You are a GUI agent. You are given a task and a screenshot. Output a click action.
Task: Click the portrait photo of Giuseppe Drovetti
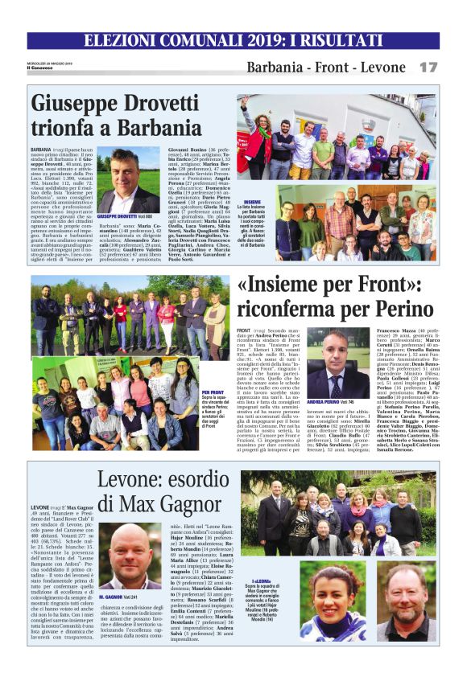[129, 180]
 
